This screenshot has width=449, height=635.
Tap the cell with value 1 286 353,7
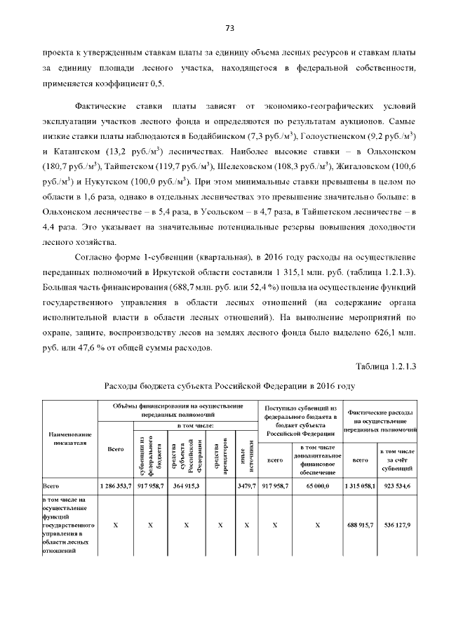tap(114, 485)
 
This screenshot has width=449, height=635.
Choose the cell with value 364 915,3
tap(186, 485)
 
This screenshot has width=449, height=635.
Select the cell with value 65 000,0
tap(317, 485)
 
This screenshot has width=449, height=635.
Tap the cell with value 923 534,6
tap(398, 485)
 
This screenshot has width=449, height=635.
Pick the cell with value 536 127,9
tap(398, 524)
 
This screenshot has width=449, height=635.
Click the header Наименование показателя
tap(69, 439)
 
